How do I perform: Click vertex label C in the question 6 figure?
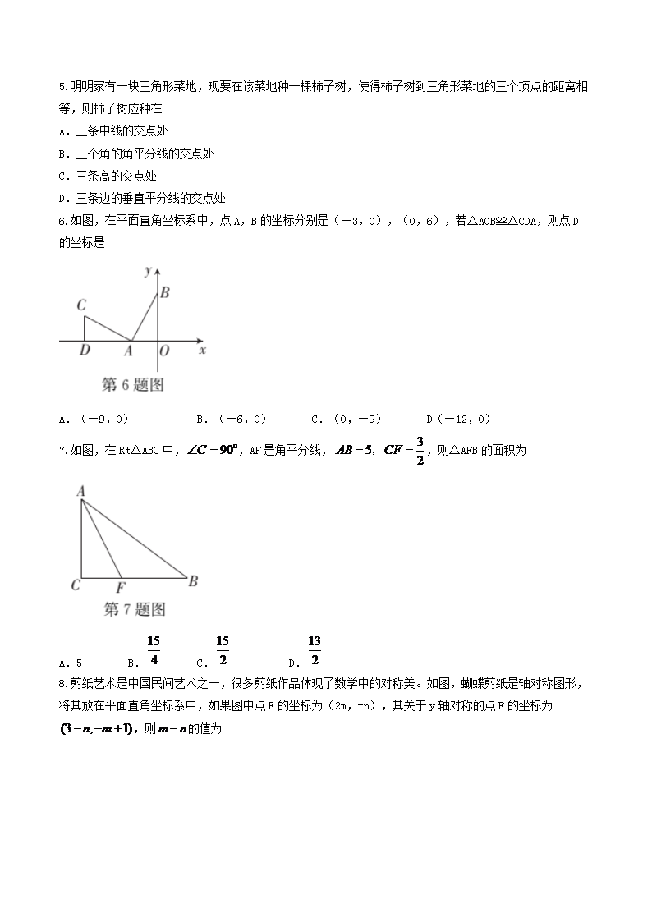point(82,305)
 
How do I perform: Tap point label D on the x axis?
point(84,351)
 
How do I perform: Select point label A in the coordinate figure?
point(127,351)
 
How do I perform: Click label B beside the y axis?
point(164,291)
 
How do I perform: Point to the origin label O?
point(164,351)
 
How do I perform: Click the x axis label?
point(202,350)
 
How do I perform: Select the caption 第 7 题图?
point(135,609)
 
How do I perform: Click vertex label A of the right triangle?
point(81,490)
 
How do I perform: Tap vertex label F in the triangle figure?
point(121,586)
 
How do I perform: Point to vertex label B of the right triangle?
point(193,582)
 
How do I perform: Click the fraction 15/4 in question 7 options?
point(154,649)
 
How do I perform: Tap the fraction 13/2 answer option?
point(314,649)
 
